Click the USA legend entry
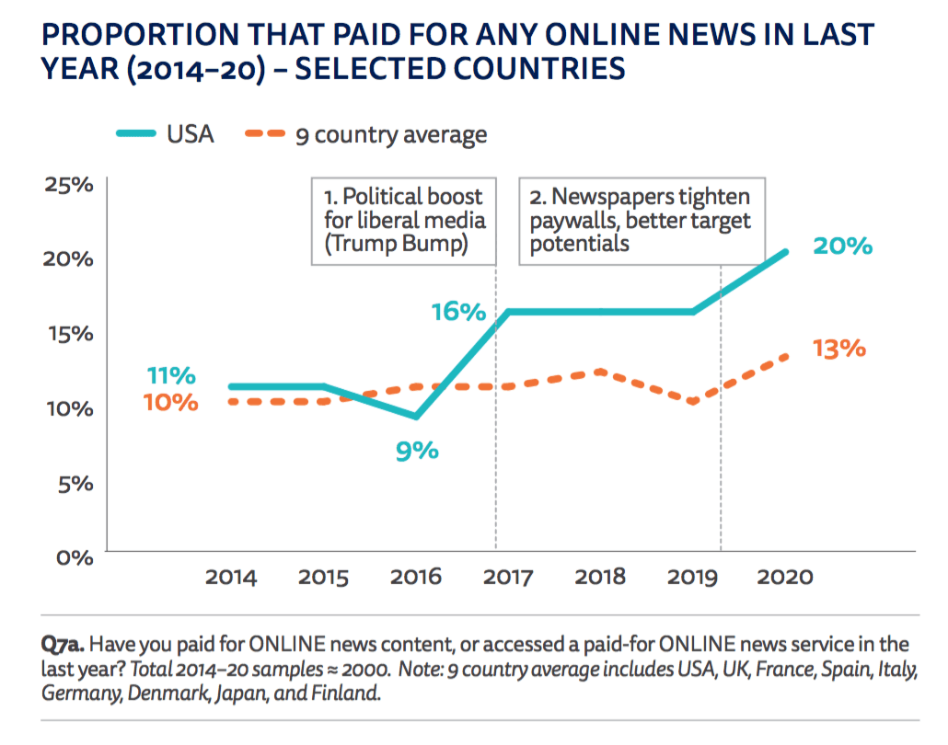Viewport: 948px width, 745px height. (166, 134)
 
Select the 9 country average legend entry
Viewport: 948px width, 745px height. (365, 134)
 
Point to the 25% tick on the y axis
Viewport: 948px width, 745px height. (70, 184)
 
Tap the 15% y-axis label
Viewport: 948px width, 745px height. (70, 333)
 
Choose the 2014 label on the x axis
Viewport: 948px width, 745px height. (231, 578)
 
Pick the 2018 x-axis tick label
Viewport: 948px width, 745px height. (600, 578)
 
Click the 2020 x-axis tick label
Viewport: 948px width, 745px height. (784, 578)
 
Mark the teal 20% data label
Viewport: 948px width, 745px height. (842, 246)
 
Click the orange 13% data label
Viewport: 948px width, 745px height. (839, 350)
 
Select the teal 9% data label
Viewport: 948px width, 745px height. (416, 451)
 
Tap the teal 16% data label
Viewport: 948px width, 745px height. (458, 312)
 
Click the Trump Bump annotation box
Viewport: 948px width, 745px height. (403, 221)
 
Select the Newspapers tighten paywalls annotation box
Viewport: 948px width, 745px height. (641, 221)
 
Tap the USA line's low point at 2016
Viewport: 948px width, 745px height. (417, 417)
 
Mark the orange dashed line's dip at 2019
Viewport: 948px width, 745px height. (692, 401)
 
